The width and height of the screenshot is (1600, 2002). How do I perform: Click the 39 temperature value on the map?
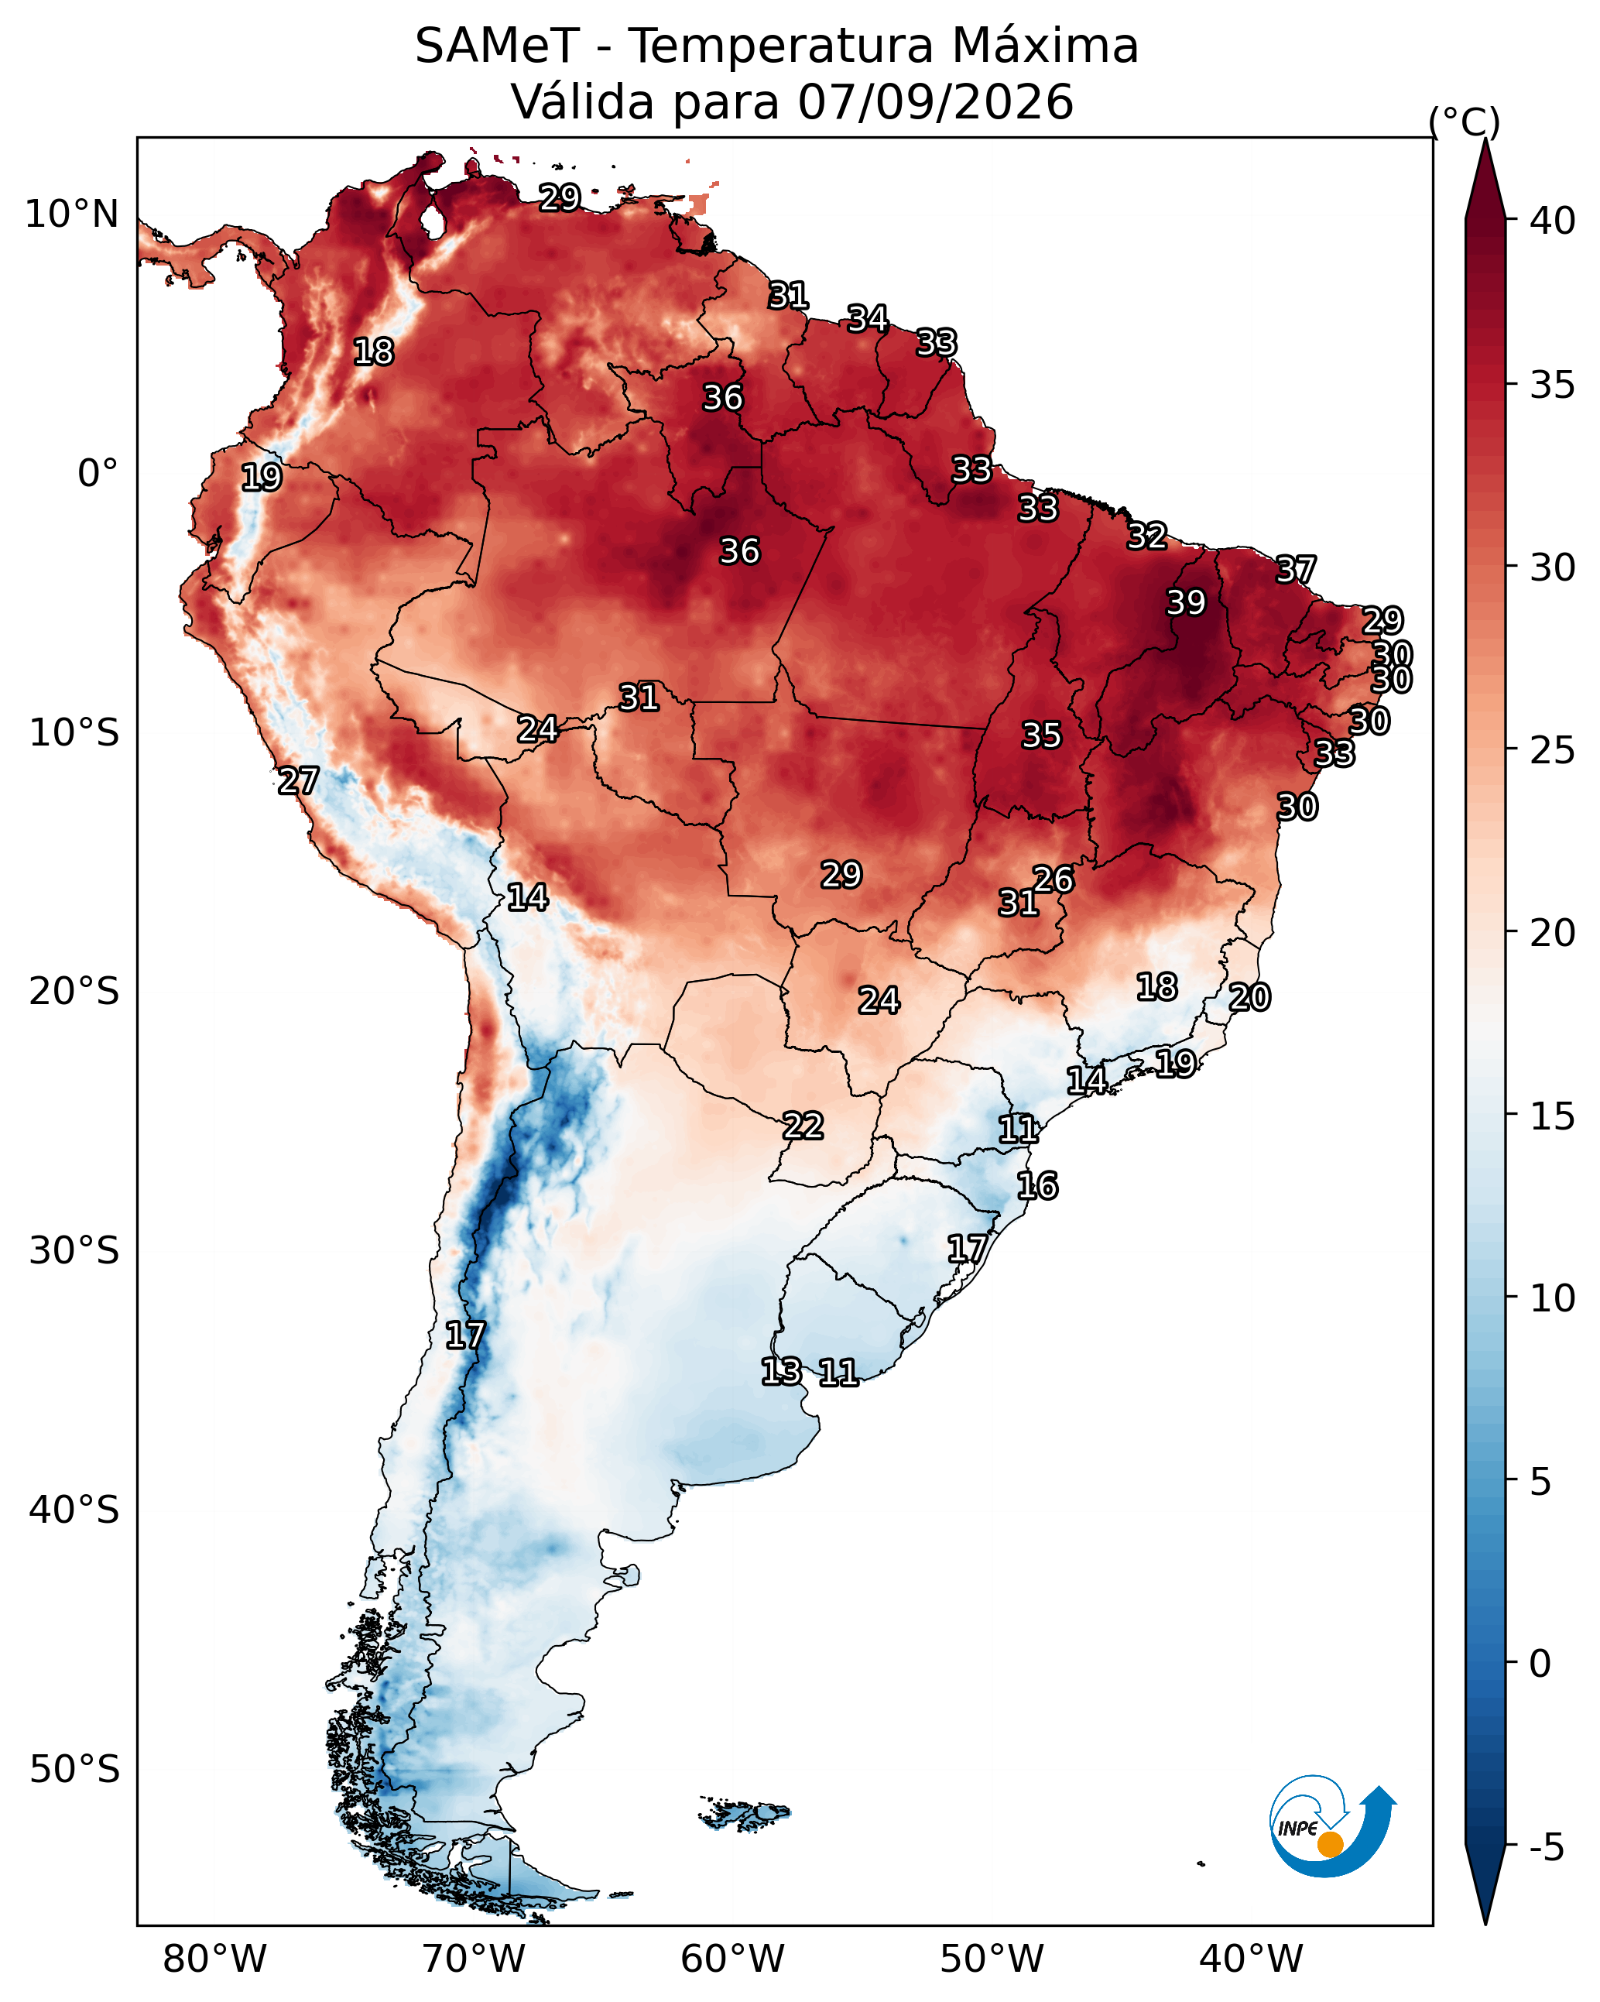tap(1186, 602)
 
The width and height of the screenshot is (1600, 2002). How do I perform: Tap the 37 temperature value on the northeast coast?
tap(1296, 569)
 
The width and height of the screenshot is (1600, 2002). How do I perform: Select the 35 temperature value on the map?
tap(1041, 735)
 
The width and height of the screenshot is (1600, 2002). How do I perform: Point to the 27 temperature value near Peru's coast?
tap(298, 781)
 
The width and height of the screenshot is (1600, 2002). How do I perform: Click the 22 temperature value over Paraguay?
tap(803, 1126)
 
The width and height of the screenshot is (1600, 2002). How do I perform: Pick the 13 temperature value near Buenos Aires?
tap(781, 1372)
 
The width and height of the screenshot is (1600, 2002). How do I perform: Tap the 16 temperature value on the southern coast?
tap(1037, 1186)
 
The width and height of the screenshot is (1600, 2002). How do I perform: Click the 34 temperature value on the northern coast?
tap(869, 318)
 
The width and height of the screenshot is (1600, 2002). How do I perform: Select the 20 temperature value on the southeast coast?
tap(1250, 997)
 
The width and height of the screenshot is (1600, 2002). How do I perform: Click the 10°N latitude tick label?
tap(71, 214)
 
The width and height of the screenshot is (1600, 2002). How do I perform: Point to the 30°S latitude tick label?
tap(74, 1251)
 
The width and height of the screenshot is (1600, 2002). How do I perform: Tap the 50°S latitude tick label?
tap(74, 1769)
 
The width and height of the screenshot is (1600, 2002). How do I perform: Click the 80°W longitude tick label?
tap(214, 1959)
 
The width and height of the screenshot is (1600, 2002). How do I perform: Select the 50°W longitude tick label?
tap(992, 1959)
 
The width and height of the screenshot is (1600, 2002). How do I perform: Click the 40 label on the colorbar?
tap(1553, 221)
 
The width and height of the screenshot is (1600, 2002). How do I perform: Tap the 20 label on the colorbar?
tap(1553, 932)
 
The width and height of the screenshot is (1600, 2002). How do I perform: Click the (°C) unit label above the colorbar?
tap(1465, 122)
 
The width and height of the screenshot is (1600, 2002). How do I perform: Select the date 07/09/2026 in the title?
tap(935, 101)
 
